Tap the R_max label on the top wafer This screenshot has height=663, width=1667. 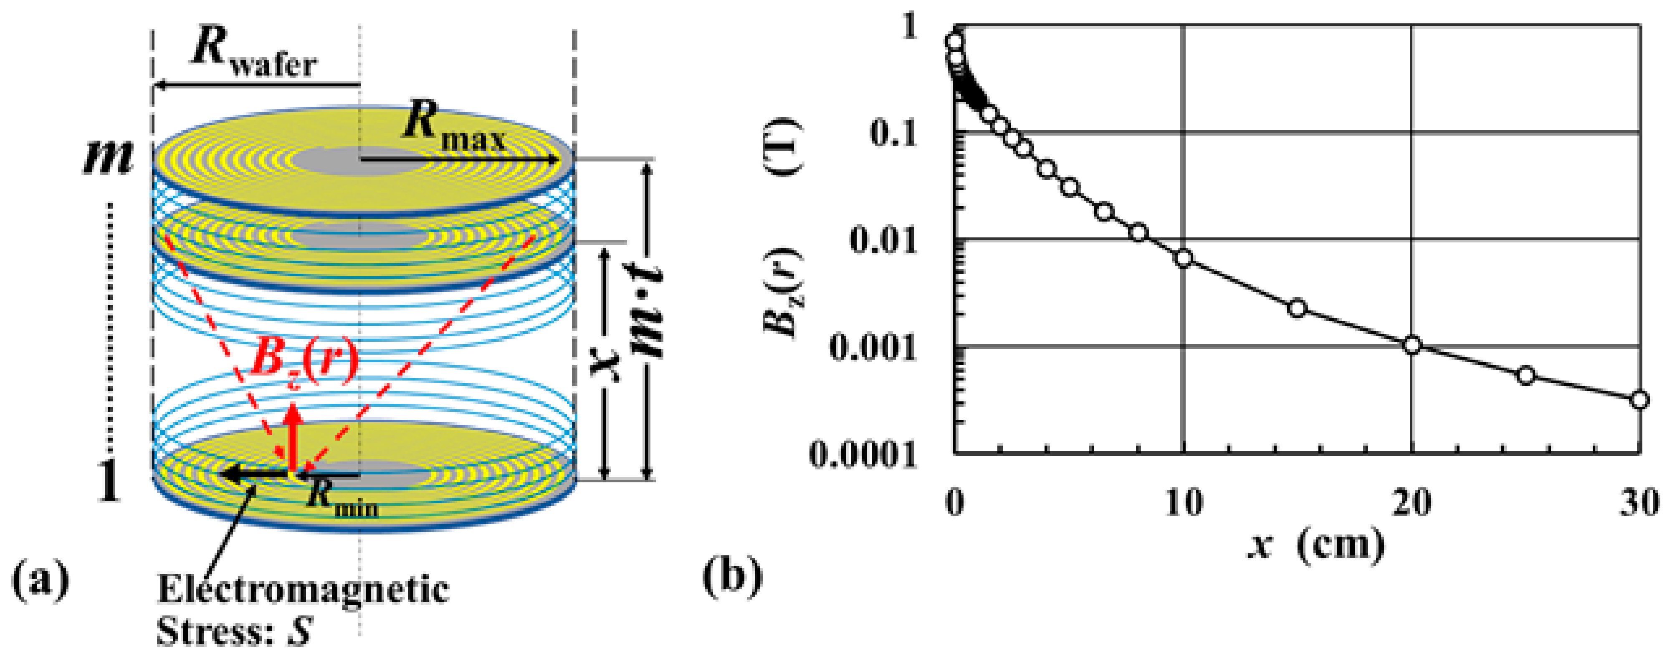(x=453, y=126)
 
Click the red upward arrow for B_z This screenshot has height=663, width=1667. (x=294, y=436)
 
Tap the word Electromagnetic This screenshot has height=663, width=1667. (x=303, y=590)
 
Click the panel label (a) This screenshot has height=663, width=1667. (x=40, y=580)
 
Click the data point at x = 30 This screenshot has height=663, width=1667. (x=1639, y=400)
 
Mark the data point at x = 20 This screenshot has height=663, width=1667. (x=1412, y=345)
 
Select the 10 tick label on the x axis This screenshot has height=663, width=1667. (x=1183, y=503)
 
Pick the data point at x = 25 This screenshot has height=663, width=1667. (x=1526, y=375)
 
